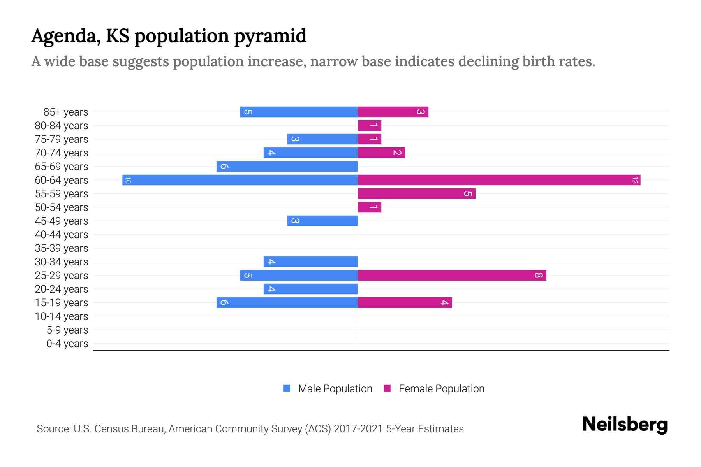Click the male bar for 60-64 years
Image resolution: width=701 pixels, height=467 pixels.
(x=240, y=180)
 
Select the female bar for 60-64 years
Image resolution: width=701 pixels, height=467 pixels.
(x=499, y=180)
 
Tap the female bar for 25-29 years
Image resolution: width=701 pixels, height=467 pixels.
(x=452, y=276)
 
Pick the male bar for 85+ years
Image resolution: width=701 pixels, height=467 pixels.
(x=299, y=112)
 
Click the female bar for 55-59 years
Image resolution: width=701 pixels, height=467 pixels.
(x=416, y=194)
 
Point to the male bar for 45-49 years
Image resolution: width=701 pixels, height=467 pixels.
(x=322, y=221)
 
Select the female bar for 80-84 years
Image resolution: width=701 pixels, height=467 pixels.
(x=369, y=126)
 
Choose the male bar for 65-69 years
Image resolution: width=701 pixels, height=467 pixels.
(x=287, y=167)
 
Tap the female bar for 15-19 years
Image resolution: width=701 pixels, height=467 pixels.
(x=405, y=303)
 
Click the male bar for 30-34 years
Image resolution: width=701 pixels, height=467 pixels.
(x=310, y=262)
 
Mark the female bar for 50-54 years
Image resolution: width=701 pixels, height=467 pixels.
(x=369, y=207)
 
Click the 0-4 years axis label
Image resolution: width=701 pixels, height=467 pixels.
(x=67, y=344)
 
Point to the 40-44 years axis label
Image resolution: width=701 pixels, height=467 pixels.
(x=62, y=235)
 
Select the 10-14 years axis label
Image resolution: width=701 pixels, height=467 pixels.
(x=62, y=316)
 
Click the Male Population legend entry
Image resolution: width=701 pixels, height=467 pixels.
(x=328, y=389)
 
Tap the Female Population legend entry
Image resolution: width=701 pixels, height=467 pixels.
(x=434, y=389)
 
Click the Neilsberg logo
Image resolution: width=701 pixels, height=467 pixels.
(x=625, y=425)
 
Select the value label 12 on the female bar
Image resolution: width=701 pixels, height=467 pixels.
(x=635, y=180)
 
